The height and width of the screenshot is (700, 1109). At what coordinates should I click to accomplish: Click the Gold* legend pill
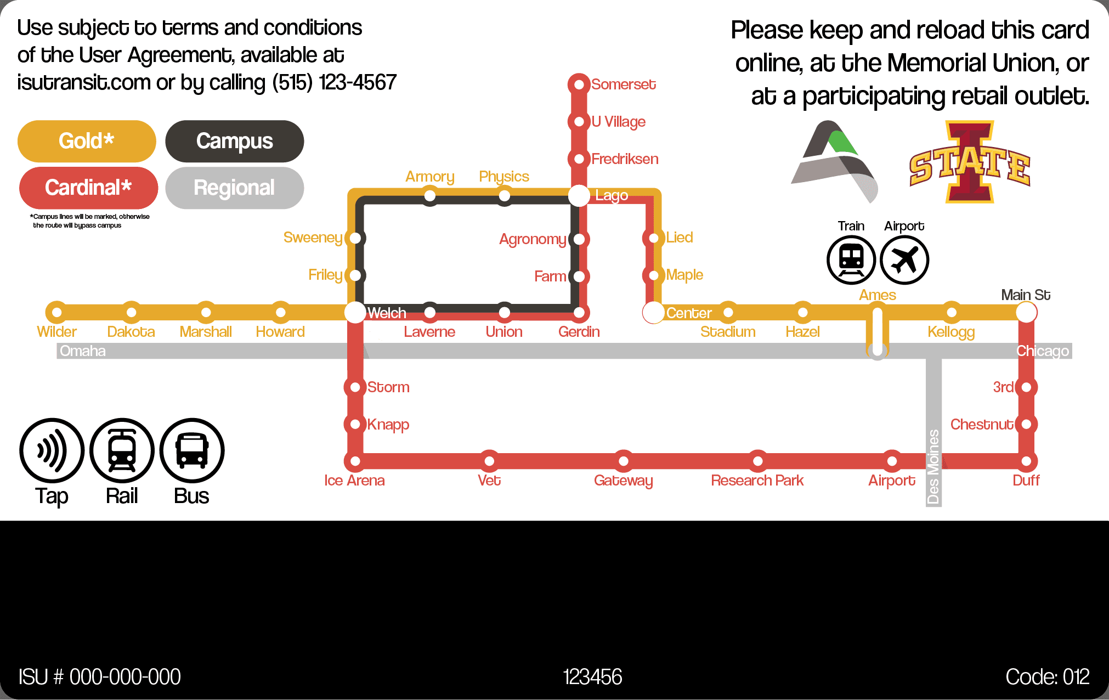coord(87,141)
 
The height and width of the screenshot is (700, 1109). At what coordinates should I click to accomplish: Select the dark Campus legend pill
coord(235,141)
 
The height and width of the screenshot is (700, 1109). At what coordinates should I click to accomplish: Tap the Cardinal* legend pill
coord(88,188)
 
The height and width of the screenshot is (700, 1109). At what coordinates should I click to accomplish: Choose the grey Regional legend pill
coord(235,188)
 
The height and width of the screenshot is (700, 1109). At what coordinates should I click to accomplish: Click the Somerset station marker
coord(579,84)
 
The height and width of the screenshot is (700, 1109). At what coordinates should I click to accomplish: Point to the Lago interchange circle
coord(579,196)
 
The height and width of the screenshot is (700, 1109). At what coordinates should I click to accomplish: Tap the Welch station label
coord(387,313)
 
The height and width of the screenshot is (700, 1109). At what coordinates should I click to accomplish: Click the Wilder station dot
coord(56,313)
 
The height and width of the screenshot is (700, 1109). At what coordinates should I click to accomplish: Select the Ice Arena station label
coord(354,481)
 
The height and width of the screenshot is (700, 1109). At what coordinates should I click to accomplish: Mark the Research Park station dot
coord(757,461)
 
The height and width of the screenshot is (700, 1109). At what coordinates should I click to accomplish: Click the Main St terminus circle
coord(1026,313)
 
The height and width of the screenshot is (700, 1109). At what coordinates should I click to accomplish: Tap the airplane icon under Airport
coord(904,260)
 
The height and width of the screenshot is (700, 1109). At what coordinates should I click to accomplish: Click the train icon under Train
coord(851,260)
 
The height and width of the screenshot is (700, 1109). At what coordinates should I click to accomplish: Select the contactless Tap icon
coord(52,451)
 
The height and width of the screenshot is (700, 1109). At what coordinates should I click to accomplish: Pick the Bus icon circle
coord(192,451)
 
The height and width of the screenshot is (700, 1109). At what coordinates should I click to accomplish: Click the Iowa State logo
coord(970,162)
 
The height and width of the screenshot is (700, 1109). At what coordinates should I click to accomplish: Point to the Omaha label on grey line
coord(83,351)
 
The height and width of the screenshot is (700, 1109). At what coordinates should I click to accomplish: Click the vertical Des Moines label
coord(933,467)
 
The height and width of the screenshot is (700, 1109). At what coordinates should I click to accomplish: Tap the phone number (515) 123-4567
coord(335,83)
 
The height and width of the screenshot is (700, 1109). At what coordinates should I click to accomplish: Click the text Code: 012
coord(1048,677)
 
